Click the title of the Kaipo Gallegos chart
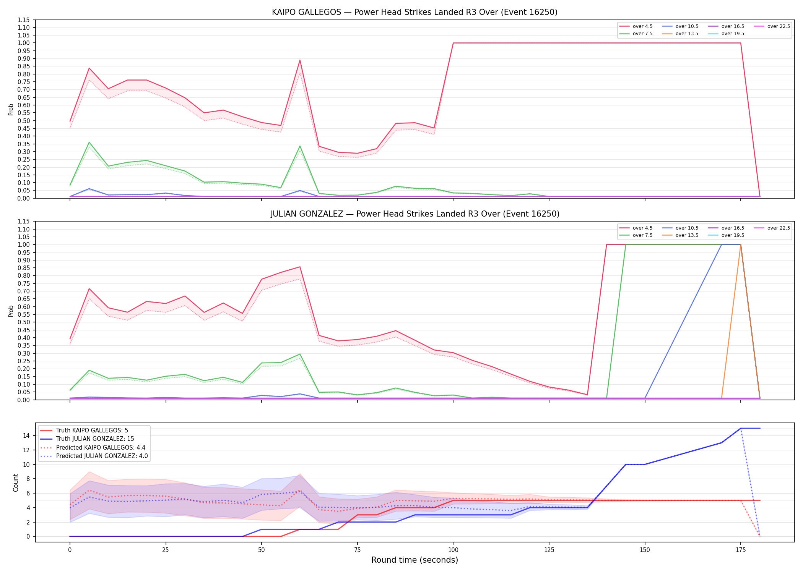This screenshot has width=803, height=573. (x=415, y=12)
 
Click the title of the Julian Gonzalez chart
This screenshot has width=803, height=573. (x=415, y=214)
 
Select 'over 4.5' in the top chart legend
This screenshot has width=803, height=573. (x=642, y=26)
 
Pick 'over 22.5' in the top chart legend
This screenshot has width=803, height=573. (x=779, y=26)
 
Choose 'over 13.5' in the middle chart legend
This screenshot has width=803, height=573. (x=687, y=235)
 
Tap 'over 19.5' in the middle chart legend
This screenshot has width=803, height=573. (x=733, y=235)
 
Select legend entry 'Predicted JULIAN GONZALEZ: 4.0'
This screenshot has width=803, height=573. (x=102, y=456)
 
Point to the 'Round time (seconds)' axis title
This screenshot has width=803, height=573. (x=415, y=560)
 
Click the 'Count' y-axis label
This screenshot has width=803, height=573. (x=16, y=482)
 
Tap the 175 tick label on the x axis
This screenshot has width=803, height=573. (x=741, y=550)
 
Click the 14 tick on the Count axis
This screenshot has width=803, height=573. (x=27, y=435)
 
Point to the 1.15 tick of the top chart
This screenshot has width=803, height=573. (x=23, y=20)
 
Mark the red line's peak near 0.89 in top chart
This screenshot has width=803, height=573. (x=300, y=60)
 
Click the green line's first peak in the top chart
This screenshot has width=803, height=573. (x=89, y=142)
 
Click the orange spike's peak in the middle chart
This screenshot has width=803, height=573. (x=741, y=245)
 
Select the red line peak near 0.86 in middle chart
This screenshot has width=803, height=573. (x=300, y=267)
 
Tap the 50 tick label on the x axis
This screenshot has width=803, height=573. (x=262, y=550)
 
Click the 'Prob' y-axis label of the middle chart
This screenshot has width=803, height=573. (x=11, y=311)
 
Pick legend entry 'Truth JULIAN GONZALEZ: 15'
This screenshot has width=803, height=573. (x=95, y=439)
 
